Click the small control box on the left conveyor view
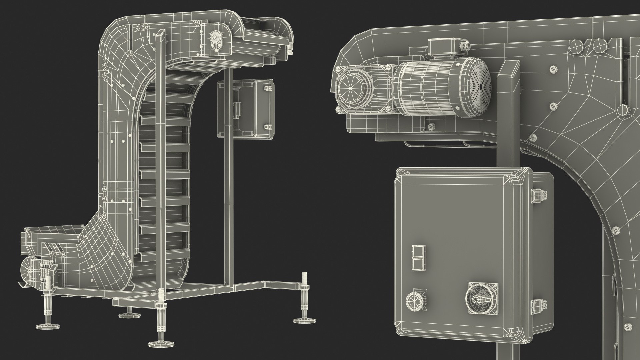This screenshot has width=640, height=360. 246,108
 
